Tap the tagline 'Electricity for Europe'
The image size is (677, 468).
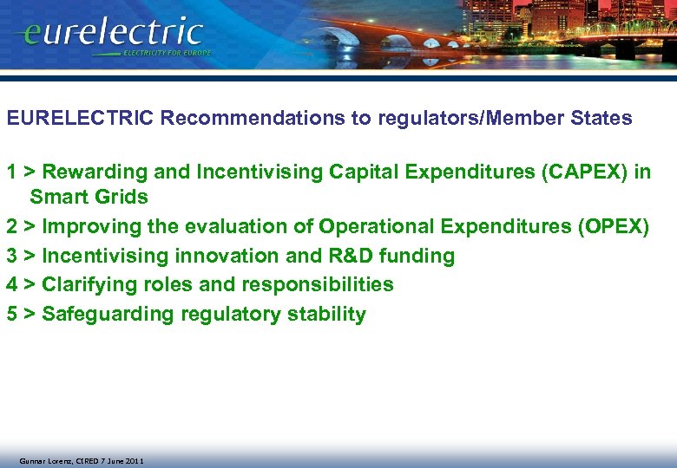point(167,53)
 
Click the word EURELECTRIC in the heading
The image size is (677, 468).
point(81,119)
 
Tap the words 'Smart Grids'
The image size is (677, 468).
point(89,198)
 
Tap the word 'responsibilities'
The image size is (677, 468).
point(321,284)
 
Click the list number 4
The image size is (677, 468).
point(12,284)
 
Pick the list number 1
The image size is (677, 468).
point(12,172)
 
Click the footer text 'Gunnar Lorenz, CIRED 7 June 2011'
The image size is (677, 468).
point(82,461)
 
